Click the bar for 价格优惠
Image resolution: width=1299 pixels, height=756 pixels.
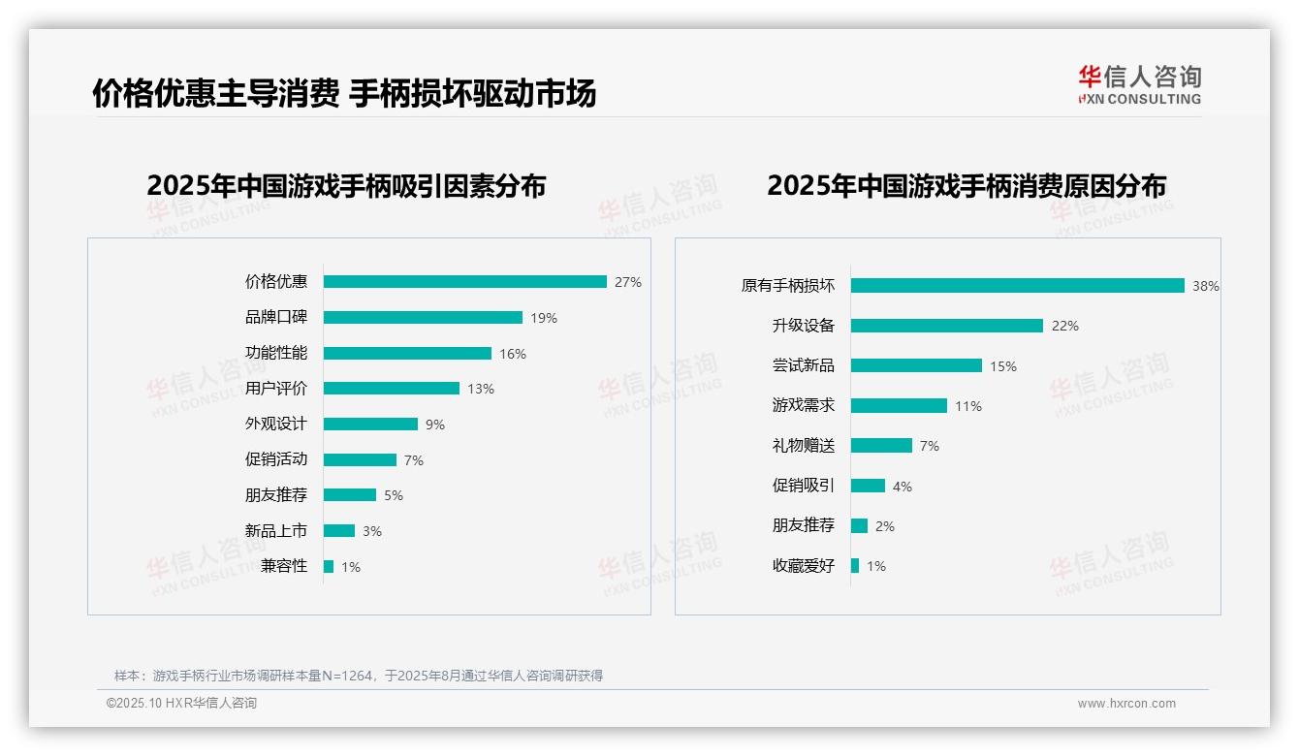coord(464,282)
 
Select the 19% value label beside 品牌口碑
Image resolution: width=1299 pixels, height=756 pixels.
coord(544,318)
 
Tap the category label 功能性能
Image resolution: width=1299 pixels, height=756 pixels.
coord(275,353)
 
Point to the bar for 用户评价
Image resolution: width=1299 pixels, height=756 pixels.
coord(391,389)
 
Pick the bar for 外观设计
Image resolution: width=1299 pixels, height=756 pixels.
coord(370,425)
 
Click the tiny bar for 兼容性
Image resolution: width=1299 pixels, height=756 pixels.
coord(329,566)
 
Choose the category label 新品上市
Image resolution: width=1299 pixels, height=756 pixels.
coord(275,530)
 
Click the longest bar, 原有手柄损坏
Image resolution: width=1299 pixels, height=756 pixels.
coord(1017,286)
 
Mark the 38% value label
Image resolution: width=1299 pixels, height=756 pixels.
coord(1206,286)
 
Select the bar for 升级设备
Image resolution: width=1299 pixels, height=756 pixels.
coord(946,326)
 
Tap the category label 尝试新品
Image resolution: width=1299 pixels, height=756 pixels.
coord(803,365)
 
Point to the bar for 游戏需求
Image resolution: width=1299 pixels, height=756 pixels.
coord(899,406)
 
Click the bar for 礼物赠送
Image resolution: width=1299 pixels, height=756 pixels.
coord(881,446)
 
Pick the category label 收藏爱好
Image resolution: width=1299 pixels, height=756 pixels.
coord(803,565)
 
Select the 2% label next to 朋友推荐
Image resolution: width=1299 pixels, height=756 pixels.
coord(884,526)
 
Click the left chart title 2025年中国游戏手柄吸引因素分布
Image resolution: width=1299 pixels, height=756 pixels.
coord(346,185)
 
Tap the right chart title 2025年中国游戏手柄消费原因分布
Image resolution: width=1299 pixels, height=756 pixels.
coord(966,185)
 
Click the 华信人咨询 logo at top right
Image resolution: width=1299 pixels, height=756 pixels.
coord(1139,84)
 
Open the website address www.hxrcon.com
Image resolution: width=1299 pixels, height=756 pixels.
coord(1125,704)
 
